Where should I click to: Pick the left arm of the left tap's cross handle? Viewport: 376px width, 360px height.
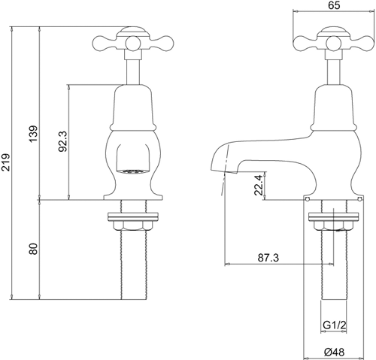click(102, 42)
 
